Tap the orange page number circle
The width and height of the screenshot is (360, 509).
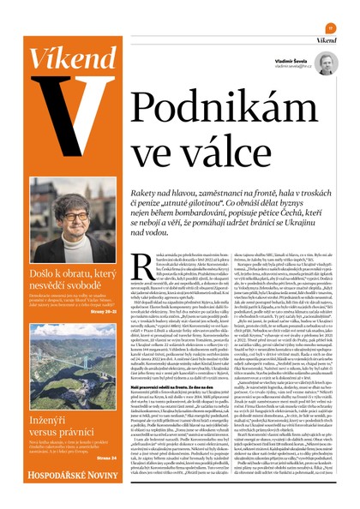(329, 27)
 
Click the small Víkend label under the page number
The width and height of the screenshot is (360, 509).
(325, 39)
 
